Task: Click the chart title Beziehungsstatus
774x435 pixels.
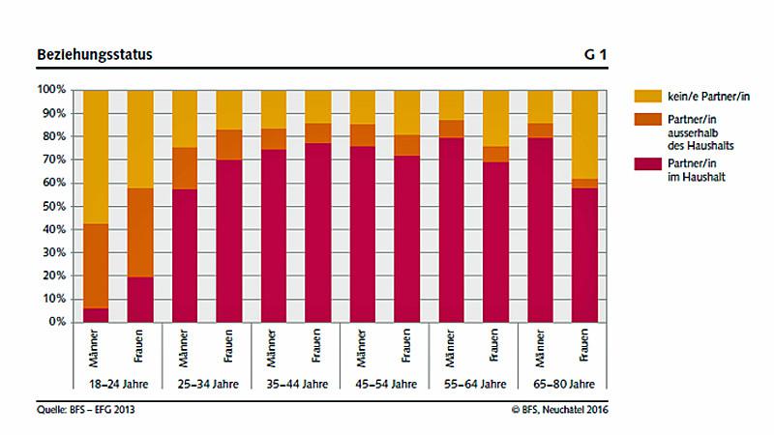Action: pyautogui.click(x=95, y=55)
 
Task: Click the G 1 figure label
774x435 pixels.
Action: pyautogui.click(x=595, y=55)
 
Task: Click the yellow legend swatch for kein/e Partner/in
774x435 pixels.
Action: pyautogui.click(x=646, y=96)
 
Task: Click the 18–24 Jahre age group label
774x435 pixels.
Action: pyautogui.click(x=118, y=384)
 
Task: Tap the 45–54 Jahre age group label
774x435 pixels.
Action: pyautogui.click(x=386, y=384)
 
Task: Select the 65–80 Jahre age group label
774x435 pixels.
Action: pyautogui.click(x=564, y=384)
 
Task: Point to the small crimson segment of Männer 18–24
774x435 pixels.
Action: pyautogui.click(x=96, y=315)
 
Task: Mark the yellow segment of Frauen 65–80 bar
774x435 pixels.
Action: pyautogui.click(x=585, y=133)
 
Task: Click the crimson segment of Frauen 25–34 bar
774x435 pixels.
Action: pyautogui.click(x=229, y=241)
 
